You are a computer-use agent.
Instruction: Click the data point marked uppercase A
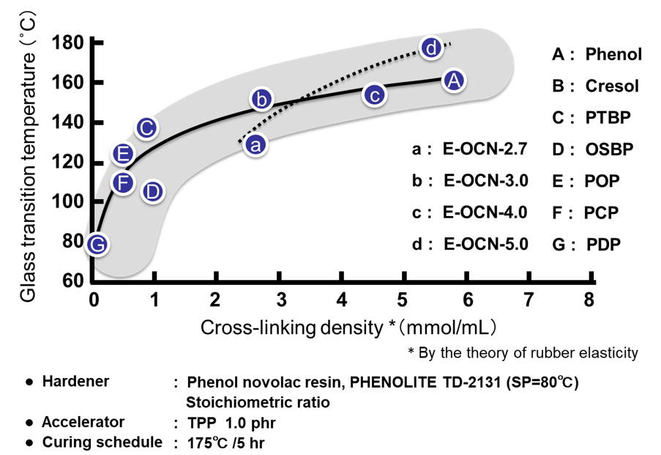click(x=454, y=80)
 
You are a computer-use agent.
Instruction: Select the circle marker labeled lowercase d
click(x=432, y=48)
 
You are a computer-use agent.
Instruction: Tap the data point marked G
click(x=97, y=244)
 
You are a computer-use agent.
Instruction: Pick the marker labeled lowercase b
click(x=261, y=99)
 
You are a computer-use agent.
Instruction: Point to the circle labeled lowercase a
click(x=255, y=144)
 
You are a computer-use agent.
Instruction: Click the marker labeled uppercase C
click(x=146, y=128)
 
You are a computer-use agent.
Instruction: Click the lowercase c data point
click(x=374, y=95)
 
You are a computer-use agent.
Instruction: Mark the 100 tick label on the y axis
click(x=68, y=201)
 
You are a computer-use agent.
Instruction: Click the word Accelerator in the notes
click(x=83, y=423)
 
